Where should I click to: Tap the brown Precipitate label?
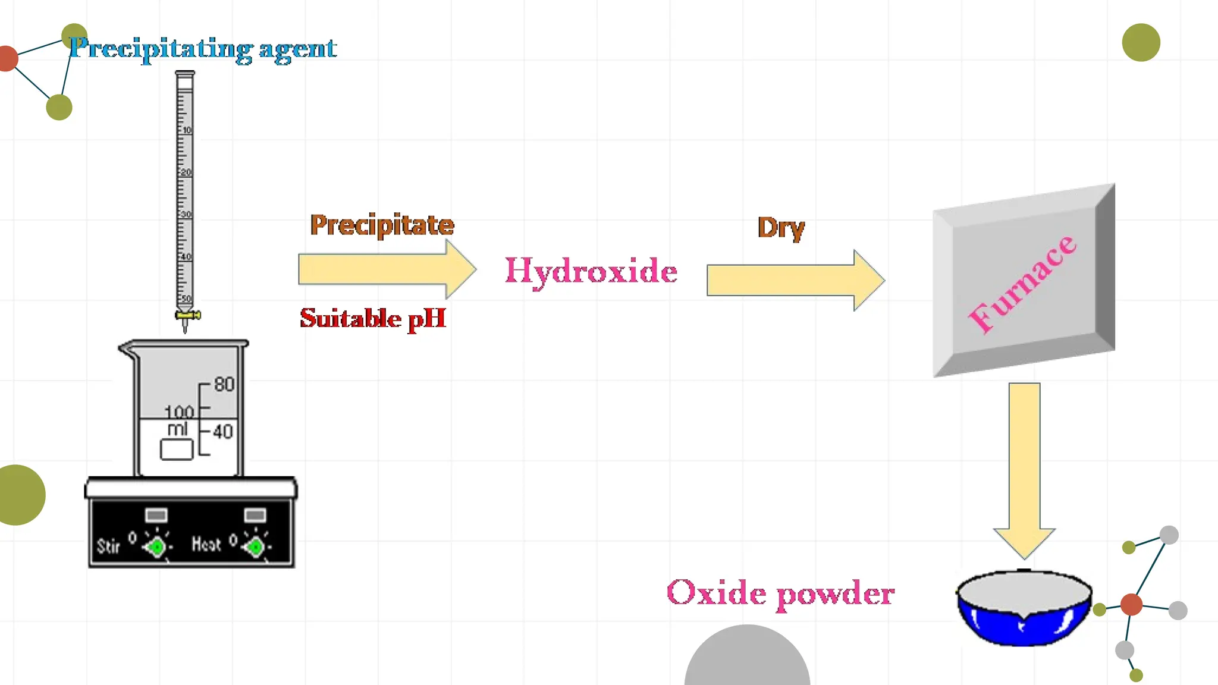pos(382,225)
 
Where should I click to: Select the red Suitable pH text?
pos(373,318)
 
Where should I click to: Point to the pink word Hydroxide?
pos(591,271)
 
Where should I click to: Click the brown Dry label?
pos(781,228)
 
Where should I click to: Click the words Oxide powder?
pos(780,593)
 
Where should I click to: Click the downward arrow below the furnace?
pos(1024,470)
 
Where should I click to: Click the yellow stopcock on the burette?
pos(187,315)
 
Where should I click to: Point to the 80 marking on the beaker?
pos(224,385)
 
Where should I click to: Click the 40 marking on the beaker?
pos(223,432)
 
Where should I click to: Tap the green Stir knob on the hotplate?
pos(157,546)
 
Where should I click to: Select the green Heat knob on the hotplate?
pos(256,546)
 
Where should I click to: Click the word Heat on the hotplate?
pos(206,544)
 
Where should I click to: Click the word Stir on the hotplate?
pos(108,546)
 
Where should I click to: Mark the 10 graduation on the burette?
pos(187,130)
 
